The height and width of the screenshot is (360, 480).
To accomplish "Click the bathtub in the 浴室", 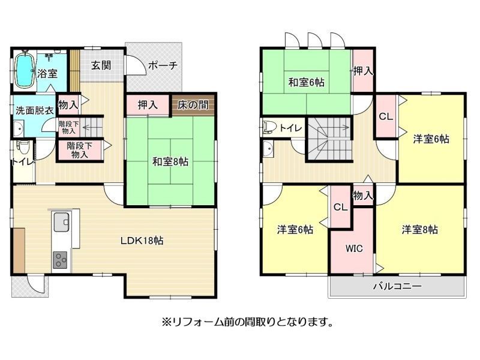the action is pos(24,71).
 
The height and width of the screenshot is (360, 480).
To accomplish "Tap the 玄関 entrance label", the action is pos(101,65).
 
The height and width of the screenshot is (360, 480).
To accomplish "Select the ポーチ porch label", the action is pos(163,65).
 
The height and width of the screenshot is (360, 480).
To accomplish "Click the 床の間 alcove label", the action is pos(193,104).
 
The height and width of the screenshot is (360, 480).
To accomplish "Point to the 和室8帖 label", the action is pos(170,161).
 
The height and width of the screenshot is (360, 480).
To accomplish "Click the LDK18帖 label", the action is pos(142,241).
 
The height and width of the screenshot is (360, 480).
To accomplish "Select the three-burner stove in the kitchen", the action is pos(61,260).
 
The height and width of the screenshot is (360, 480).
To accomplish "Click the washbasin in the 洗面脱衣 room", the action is pos(19,128).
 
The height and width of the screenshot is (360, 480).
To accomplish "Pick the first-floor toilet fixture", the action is pos(22,149).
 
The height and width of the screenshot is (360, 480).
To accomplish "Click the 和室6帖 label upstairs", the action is pos(307,82).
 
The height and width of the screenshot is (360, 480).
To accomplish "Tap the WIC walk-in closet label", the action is pos(354,248).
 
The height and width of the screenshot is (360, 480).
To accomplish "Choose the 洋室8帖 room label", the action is pos(419,229).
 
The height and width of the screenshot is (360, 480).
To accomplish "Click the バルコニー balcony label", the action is pos(397,286).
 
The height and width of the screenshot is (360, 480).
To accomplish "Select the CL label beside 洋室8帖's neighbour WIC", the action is pos(340,207).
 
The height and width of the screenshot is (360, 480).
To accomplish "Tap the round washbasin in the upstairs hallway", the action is pos(268,149).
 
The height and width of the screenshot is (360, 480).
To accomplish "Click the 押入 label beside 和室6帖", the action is pos(363,71).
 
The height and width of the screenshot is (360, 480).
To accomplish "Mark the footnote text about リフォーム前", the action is pos(247,322).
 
